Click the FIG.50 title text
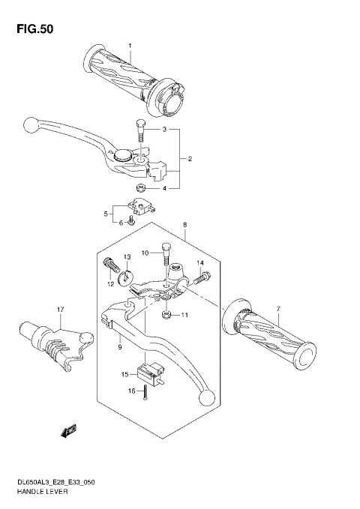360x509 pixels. click(x=33, y=29)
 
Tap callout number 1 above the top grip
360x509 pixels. click(x=129, y=46)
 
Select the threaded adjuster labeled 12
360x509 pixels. click(x=127, y=257)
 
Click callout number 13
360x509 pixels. click(x=198, y=280)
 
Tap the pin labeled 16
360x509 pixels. click(x=58, y=309)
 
